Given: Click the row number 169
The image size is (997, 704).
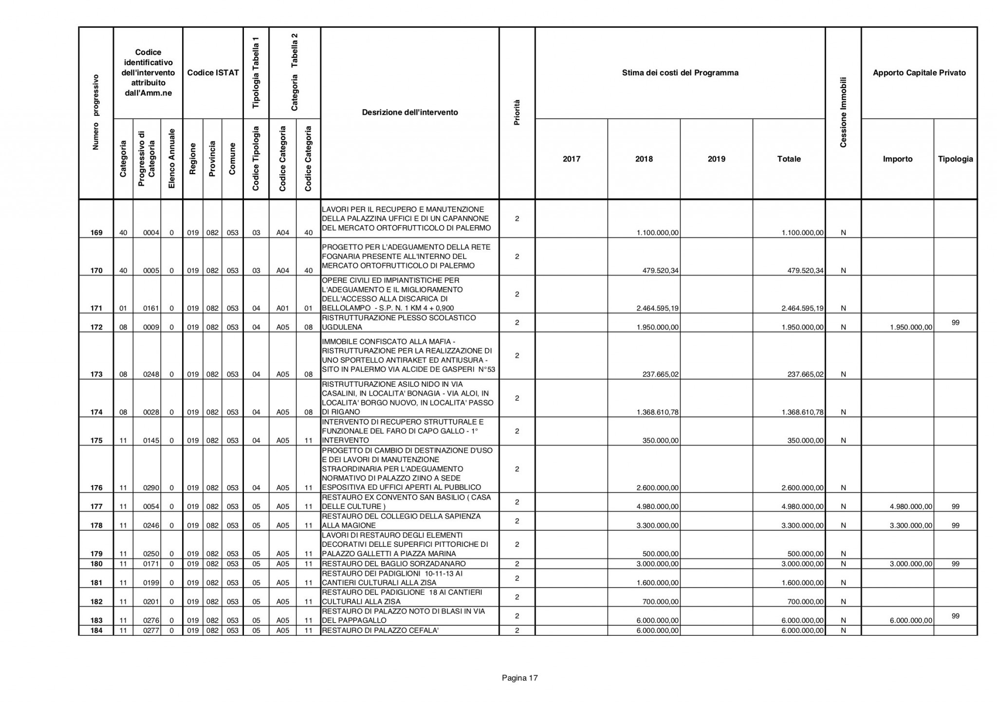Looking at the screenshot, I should click(x=96, y=233).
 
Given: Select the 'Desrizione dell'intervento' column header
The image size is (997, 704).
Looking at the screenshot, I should click(x=410, y=112).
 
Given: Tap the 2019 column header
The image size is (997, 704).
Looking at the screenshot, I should click(x=716, y=159).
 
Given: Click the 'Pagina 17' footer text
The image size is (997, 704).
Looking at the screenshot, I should click(x=519, y=678).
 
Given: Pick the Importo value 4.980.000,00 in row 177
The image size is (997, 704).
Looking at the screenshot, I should click(x=910, y=506).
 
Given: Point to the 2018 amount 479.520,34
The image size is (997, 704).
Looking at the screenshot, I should click(x=658, y=271).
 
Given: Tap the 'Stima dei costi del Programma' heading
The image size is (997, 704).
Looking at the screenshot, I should click(x=680, y=73).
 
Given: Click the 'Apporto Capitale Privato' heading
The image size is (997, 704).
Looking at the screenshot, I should click(x=919, y=73).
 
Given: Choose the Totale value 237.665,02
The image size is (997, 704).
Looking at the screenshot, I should click(x=806, y=374).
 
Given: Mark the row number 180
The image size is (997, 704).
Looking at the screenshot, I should click(x=96, y=564).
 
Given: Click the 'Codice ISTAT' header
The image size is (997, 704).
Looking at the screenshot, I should click(x=213, y=73).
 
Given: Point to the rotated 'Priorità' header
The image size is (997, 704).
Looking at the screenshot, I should click(x=517, y=113).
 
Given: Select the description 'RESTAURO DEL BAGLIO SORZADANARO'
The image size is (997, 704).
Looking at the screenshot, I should click(x=394, y=564).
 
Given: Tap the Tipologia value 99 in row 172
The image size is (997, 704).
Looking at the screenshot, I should click(x=955, y=323).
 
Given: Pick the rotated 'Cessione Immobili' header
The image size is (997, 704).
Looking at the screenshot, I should click(x=843, y=112).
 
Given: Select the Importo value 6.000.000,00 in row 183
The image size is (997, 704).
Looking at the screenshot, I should click(x=910, y=620).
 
